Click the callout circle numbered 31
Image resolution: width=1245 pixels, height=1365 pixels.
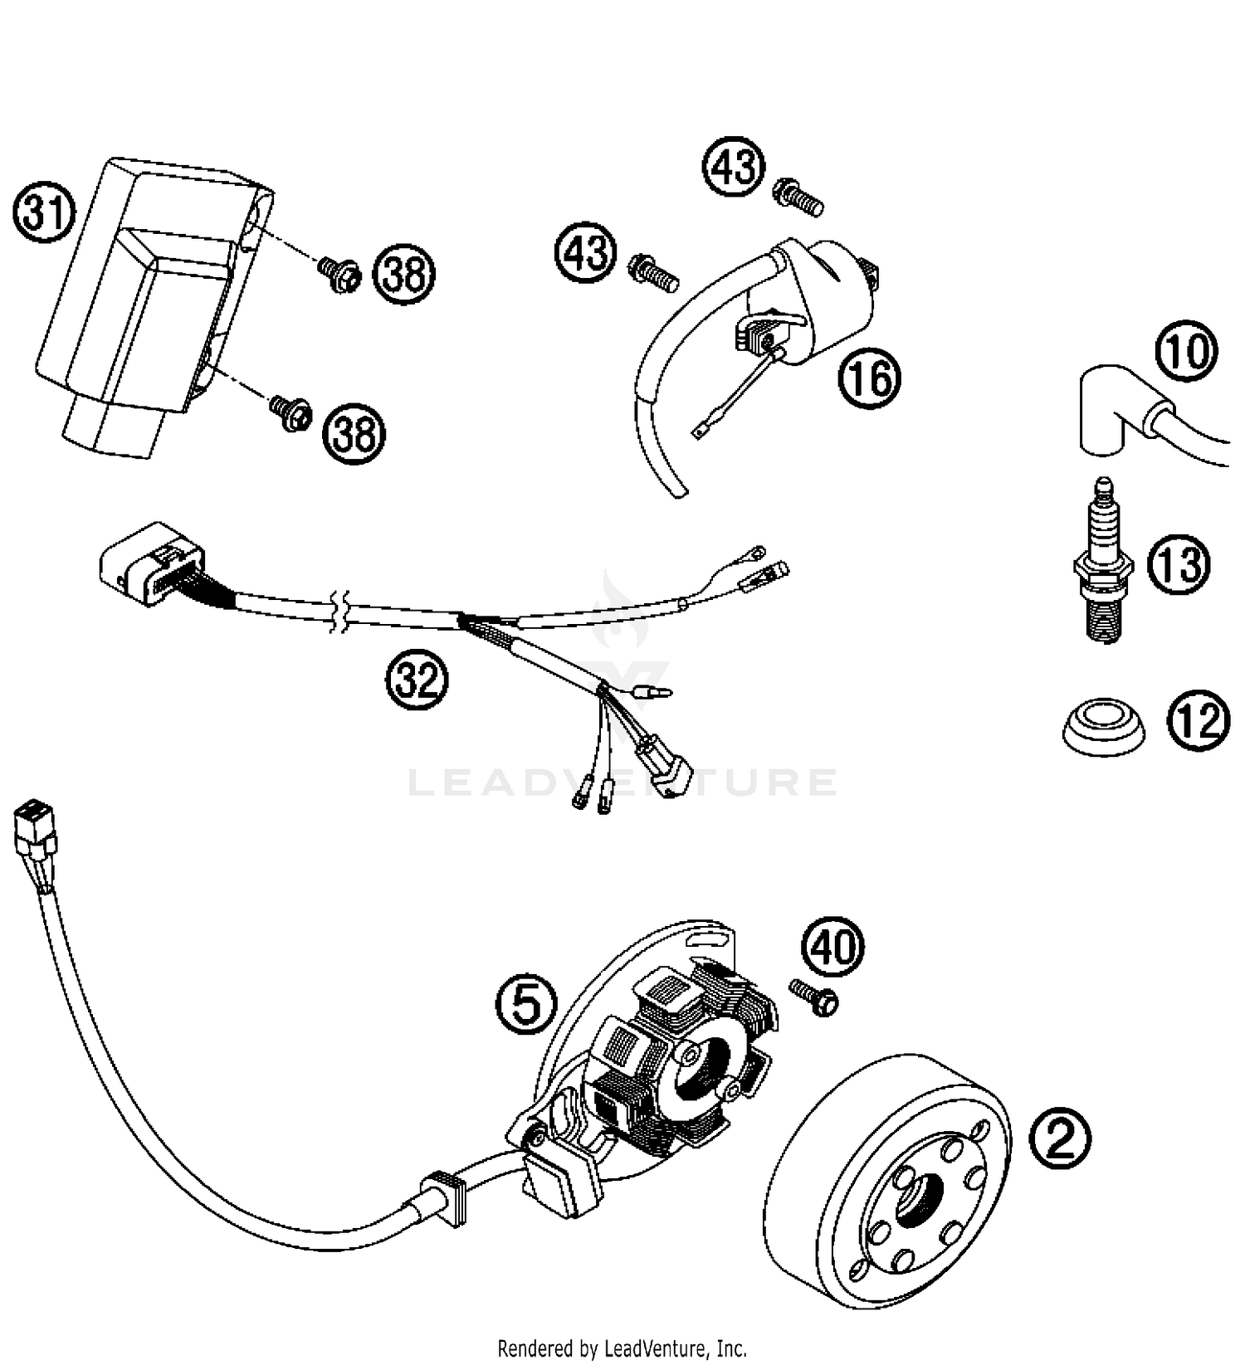[44, 214]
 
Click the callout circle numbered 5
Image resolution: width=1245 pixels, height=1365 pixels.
[525, 1002]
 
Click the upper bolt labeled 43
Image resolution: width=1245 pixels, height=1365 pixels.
[798, 196]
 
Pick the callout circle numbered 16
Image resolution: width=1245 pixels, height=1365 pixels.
[869, 378]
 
